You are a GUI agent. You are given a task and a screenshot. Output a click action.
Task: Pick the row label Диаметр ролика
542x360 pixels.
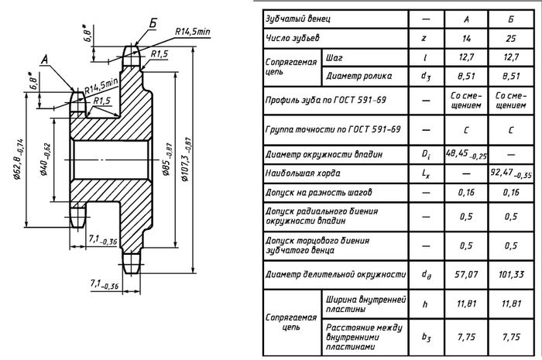tap(359, 76)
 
